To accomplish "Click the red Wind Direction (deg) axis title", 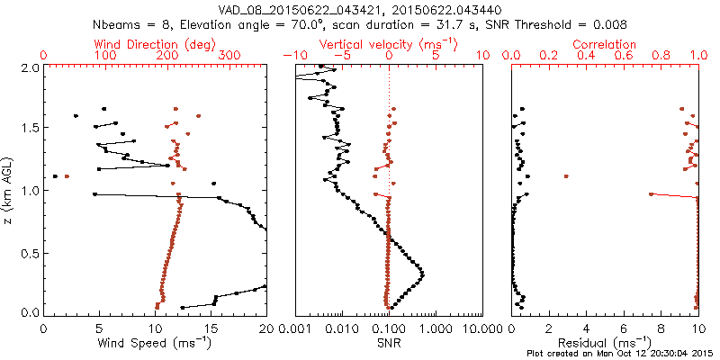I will click(155, 44).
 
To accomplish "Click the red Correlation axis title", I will click(605, 44).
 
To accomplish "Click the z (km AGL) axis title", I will click(9, 190).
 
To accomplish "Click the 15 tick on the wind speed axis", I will click(211, 328).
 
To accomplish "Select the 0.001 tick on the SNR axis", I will click(295, 328).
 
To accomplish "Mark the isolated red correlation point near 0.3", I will click(566, 176).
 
